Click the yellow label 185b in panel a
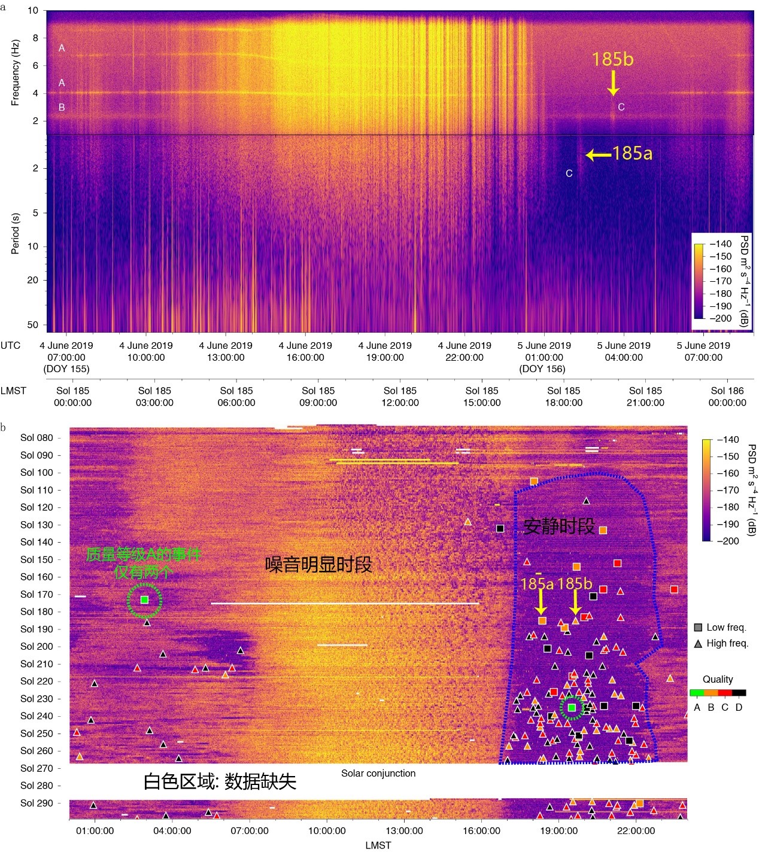(612, 59)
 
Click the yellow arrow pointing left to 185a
(598, 155)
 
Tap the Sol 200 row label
(37, 646)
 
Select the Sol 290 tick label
(37, 803)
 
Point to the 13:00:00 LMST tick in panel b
(404, 830)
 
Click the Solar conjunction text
(378, 773)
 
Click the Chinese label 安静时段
(559, 526)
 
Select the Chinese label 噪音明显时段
(318, 564)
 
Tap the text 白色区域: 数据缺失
(220, 781)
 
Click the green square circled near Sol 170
(144, 600)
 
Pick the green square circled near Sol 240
(572, 708)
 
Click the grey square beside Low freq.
(697, 628)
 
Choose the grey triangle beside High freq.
(697, 644)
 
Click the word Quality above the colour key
(718, 679)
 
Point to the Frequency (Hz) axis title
(16, 72)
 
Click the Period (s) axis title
(16, 233)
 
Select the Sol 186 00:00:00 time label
(727, 397)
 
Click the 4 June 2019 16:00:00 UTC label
(305, 351)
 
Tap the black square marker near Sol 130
(500, 528)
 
